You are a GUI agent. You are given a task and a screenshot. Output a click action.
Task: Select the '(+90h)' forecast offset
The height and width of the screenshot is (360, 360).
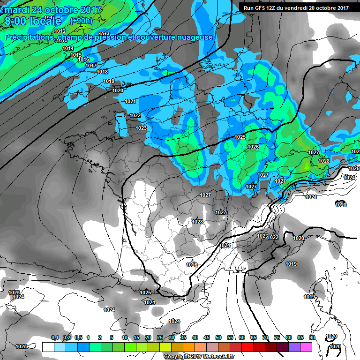pyautogui.click(x=81, y=21)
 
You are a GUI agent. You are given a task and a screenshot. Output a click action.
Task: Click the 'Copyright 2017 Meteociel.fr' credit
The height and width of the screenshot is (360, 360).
pyautogui.click(x=199, y=357)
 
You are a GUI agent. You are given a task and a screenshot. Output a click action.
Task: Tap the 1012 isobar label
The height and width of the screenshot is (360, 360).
pyautogui.click(x=60, y=31)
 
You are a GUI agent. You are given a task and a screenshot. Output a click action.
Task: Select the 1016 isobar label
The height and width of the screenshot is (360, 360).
pyautogui.click(x=83, y=60)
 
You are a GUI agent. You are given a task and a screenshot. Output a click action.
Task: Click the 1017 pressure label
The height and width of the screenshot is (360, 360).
pyautogui.click(x=91, y=66)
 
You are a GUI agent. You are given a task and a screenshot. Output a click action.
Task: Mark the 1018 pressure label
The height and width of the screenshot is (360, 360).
pyautogui.click(x=102, y=72)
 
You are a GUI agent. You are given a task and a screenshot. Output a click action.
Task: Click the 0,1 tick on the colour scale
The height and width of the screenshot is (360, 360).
pyautogui.click(x=54, y=337)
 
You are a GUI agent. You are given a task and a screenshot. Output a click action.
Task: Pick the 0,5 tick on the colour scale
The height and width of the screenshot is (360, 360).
pyautogui.click(x=78, y=337)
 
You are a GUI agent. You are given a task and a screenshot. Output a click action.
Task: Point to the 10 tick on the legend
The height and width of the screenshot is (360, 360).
pyautogui.click(x=125, y=337)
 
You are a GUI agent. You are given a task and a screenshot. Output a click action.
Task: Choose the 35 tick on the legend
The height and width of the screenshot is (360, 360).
pyautogui.click(x=183, y=337)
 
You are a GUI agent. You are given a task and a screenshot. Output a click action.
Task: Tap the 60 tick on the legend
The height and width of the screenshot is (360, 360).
pyautogui.click(x=242, y=337)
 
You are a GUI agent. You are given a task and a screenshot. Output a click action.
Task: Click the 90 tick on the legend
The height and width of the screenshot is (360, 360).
pyautogui.click(x=312, y=337)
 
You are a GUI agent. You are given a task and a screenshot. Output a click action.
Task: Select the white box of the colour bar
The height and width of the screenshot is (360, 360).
pyautogui.click(x=48, y=347)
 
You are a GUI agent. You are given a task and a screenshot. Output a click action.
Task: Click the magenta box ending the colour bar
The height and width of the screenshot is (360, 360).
pyautogui.click(x=306, y=347)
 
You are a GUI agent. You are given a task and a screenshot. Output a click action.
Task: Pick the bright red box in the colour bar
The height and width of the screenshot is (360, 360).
pyautogui.click(x=247, y=347)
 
